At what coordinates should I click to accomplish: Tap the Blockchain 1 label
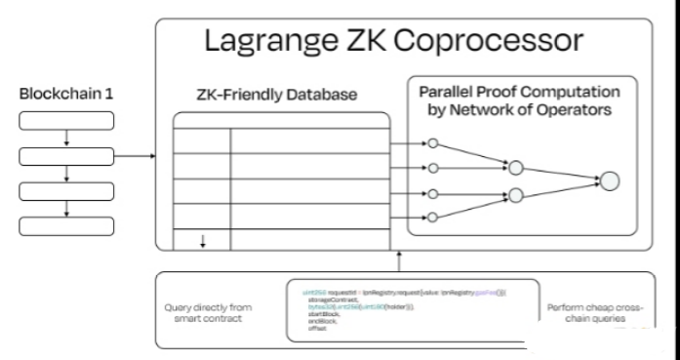click(65, 95)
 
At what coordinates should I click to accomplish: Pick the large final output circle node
click(610, 180)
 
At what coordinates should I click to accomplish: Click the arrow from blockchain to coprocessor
click(136, 155)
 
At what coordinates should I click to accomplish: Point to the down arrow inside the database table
click(202, 240)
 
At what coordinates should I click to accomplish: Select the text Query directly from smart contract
click(208, 313)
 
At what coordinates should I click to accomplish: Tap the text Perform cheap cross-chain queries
click(595, 312)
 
